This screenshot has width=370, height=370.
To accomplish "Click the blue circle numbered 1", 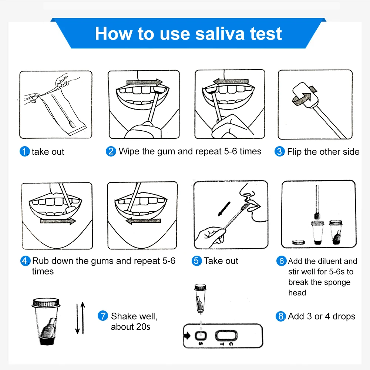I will (x=24, y=152).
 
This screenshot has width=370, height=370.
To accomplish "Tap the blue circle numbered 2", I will (x=111, y=152).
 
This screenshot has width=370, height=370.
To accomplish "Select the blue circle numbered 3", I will (x=280, y=152).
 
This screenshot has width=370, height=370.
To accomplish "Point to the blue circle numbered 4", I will (x=25, y=261).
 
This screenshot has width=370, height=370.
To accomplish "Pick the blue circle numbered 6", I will (x=282, y=261).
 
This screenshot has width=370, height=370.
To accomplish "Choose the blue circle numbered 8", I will (x=281, y=317).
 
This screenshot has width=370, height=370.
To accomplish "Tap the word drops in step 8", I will (x=344, y=317).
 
